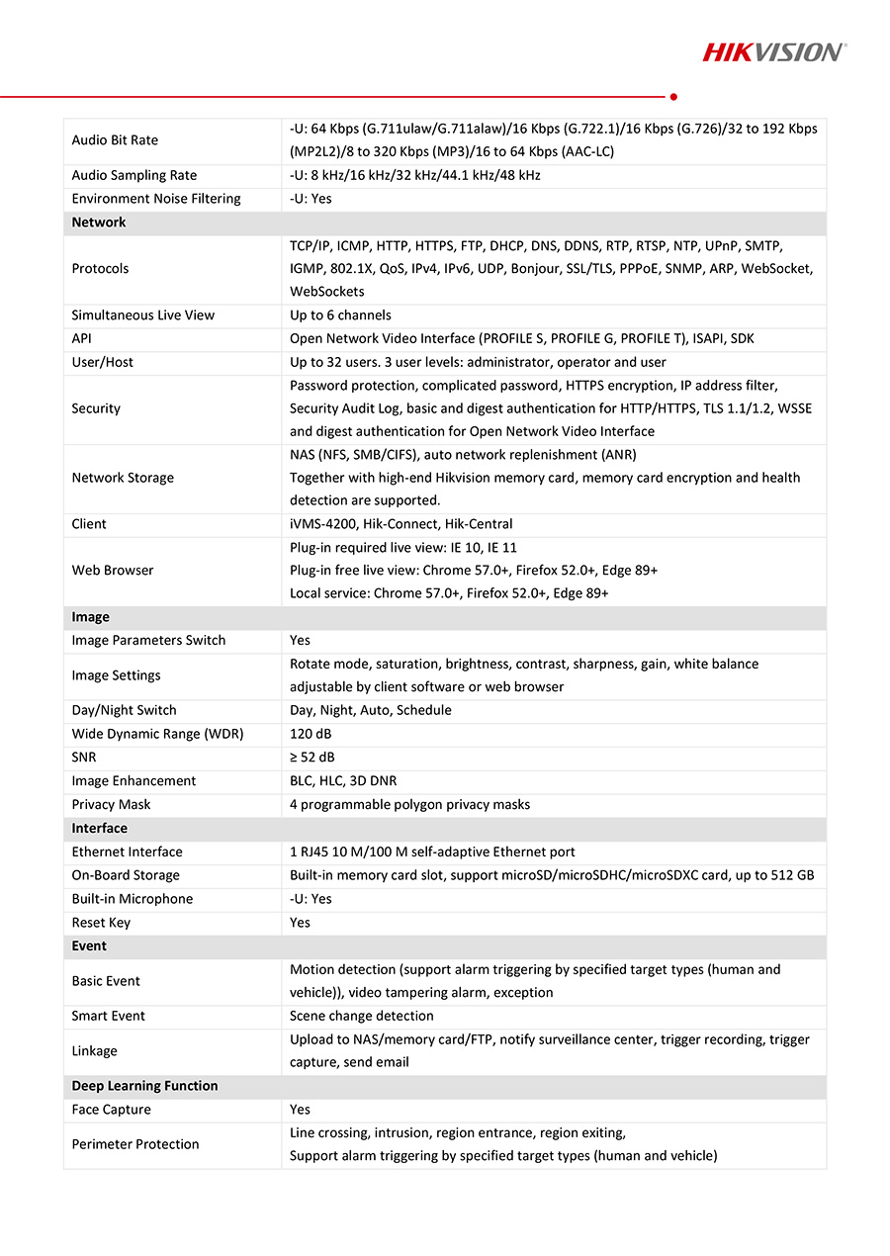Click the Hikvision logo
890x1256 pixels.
coord(773,51)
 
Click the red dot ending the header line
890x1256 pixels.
coord(673,97)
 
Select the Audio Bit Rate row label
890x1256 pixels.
coord(115,140)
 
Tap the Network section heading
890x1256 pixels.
coord(99,223)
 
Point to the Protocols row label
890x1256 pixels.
coord(100,269)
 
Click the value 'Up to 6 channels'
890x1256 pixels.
coord(340,315)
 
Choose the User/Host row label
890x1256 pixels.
coord(102,362)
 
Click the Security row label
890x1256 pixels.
coord(96,408)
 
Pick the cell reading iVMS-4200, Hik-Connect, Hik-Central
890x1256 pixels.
coord(400,524)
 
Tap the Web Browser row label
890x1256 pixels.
coord(113,571)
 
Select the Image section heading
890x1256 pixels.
coord(90,617)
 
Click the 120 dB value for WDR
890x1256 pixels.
coord(311,734)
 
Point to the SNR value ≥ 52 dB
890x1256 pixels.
coord(311,758)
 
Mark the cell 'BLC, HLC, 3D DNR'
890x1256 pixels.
coord(343,781)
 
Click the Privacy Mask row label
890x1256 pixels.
coord(111,805)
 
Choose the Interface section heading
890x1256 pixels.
coord(99,829)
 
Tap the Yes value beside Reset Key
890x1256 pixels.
coord(300,923)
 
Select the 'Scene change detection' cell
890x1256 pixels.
coord(361,1016)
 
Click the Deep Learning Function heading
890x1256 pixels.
coord(144,1086)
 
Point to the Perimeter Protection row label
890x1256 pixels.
coord(135,1144)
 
